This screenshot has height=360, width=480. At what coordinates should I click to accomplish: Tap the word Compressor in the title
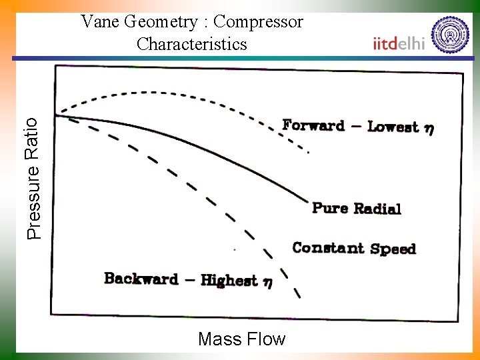(259, 22)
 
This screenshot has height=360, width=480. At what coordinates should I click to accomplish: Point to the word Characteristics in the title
(191, 44)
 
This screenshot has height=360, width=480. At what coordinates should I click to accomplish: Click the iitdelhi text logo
(399, 43)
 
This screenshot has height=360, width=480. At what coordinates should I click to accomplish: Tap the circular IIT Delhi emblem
(450, 34)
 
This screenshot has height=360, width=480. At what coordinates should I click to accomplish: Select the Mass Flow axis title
(241, 339)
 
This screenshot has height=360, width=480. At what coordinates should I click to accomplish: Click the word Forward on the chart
(313, 125)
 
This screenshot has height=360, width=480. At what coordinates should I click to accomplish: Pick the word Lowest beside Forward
(393, 127)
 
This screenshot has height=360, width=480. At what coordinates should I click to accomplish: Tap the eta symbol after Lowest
(429, 129)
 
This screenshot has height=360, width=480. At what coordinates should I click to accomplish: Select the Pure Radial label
(357, 208)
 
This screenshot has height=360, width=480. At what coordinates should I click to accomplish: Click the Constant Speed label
(354, 249)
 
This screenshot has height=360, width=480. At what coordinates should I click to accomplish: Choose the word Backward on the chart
(141, 279)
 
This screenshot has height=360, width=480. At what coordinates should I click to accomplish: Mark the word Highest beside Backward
(229, 280)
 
